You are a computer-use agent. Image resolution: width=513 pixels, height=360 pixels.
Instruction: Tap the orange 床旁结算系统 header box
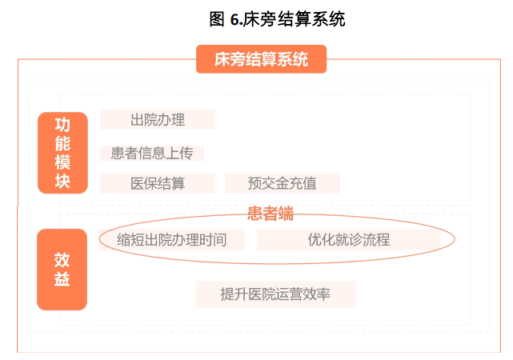tap(261, 59)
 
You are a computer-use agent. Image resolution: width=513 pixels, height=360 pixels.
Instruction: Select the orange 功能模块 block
tap(62, 153)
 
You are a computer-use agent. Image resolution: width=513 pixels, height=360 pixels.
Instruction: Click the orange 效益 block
tap(62, 270)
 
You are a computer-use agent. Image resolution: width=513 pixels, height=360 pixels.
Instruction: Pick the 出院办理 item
tap(158, 120)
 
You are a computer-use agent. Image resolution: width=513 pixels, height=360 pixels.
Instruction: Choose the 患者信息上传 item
tap(152, 153)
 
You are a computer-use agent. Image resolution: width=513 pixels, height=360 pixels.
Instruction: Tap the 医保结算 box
tap(158, 183)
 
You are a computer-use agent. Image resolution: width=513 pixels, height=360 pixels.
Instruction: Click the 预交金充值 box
tap(283, 183)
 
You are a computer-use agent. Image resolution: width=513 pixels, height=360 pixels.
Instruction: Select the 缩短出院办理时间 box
tap(171, 239)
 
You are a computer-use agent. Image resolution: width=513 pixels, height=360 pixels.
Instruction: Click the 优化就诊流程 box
tap(349, 239)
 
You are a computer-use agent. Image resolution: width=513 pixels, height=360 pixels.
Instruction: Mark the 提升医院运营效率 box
tap(275, 294)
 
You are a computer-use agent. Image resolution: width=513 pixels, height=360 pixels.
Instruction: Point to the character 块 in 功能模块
tap(62, 182)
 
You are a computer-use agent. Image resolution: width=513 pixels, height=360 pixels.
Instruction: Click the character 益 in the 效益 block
tap(62, 281)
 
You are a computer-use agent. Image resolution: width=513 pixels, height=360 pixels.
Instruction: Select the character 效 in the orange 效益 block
tap(62, 259)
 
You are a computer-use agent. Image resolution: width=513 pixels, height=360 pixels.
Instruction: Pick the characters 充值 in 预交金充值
tap(303, 183)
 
